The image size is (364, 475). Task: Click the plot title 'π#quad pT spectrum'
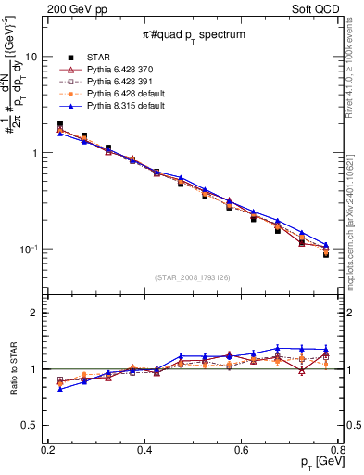coord(193,35)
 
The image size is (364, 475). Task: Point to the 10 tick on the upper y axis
coord(31,57)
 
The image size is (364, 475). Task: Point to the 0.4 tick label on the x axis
coord(144,451)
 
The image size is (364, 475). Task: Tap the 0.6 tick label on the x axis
coord(242,451)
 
